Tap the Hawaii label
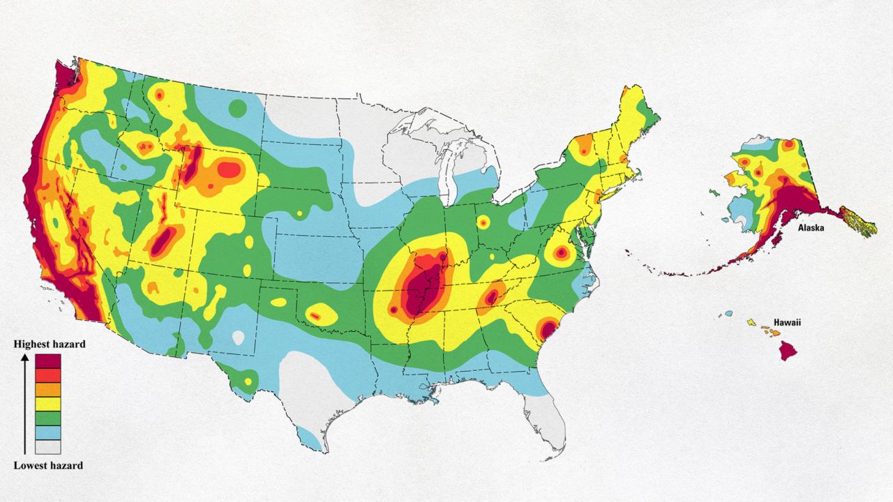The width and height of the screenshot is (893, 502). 788,323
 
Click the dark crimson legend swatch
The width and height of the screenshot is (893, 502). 48,361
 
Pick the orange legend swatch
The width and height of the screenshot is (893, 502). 48,389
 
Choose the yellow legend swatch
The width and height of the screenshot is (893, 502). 48,404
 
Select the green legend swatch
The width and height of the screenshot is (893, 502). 48,418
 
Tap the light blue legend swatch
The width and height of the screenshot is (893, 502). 48,432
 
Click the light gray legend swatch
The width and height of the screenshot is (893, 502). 48,446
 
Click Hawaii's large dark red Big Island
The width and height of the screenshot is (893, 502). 788,349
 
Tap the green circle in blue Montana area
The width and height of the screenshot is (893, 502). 238,108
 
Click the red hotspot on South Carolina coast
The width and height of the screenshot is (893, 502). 548,328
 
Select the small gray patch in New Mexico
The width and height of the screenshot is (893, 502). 239,337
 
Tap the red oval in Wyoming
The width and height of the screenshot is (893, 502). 228,169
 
